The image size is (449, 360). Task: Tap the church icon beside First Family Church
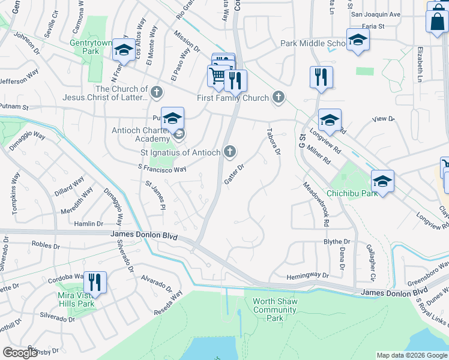(x=278, y=97)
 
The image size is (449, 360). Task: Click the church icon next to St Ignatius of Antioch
(x=230, y=152)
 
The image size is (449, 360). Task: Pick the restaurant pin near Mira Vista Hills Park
(x=95, y=282)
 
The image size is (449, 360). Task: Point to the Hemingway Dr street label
(x=308, y=275)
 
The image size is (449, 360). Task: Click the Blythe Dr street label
(x=337, y=241)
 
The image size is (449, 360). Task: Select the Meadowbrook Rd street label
(x=317, y=204)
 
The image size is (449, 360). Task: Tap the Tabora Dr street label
(x=274, y=141)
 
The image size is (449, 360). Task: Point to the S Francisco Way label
(x=162, y=170)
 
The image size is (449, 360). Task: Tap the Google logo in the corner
(x=20, y=353)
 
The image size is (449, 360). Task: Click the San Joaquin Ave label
(x=375, y=14)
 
